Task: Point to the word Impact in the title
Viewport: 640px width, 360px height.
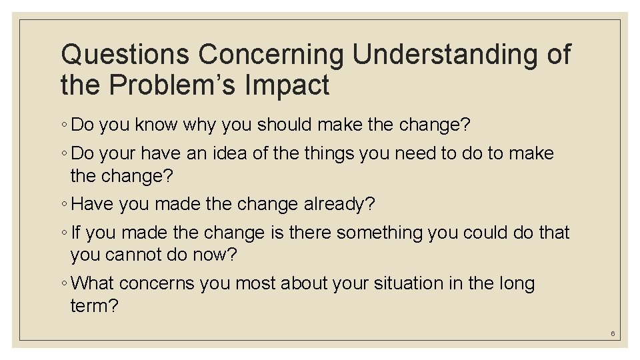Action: point(295,85)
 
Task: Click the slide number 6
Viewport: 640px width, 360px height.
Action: point(612,333)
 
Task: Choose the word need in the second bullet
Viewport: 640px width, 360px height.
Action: point(419,153)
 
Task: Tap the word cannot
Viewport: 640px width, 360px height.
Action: point(142,254)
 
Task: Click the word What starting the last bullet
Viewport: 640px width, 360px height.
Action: point(93,283)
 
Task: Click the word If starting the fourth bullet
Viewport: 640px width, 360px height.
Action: point(75,233)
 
